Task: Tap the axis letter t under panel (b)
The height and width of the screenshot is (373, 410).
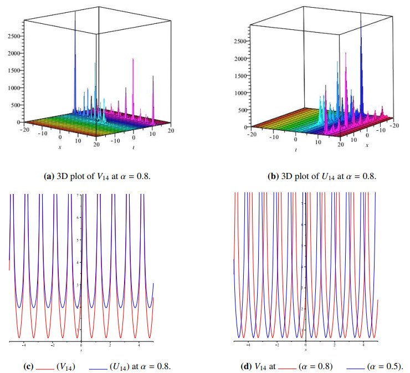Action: [296, 150]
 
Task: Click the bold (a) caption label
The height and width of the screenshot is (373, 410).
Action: [49, 177]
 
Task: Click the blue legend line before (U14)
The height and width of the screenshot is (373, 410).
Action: [98, 367]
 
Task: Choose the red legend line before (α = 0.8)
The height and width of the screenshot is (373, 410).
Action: [287, 367]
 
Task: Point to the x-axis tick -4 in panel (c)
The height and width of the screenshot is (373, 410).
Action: [23, 345]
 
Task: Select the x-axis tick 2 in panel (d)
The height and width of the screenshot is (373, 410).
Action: [334, 345]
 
